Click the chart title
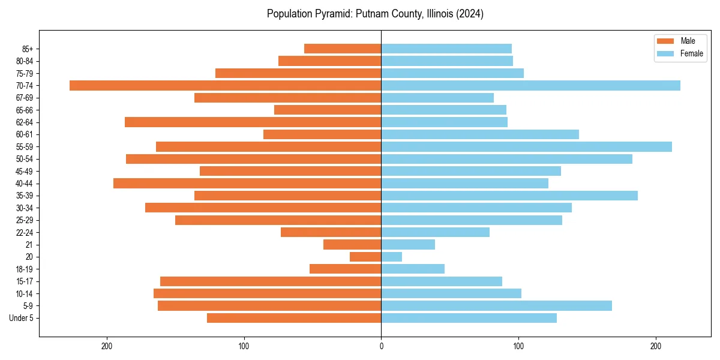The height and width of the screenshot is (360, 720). point(375,14)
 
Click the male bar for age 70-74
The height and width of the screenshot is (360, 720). point(225,85)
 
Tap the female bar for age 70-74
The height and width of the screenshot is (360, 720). point(530,85)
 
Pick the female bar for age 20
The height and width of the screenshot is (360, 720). point(391,257)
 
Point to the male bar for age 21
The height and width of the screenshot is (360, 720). point(352,244)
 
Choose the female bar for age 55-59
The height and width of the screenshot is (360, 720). point(526,146)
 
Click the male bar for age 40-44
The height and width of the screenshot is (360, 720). point(247,183)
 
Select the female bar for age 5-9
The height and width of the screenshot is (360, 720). point(496,305)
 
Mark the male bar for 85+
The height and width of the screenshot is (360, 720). point(343,49)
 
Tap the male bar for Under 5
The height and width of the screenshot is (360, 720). point(294,318)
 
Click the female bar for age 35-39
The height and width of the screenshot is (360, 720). point(509,196)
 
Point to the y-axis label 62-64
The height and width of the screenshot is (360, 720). point(24,122)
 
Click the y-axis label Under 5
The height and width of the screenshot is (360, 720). point(21,318)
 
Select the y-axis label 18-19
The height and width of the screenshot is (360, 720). point(24,269)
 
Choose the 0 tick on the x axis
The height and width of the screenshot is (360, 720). point(381,346)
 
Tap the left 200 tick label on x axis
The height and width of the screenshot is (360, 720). point(107,346)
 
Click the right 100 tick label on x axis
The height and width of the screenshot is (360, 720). point(518,346)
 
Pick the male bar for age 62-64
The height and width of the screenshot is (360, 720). point(253,122)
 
